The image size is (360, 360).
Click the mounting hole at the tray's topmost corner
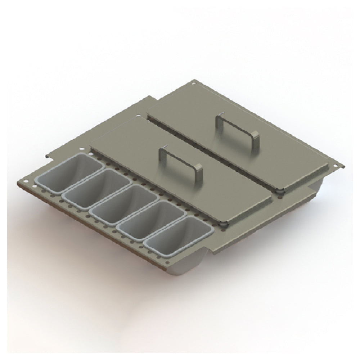(x=194, y=84)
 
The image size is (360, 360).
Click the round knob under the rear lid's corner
(x=279, y=192)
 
